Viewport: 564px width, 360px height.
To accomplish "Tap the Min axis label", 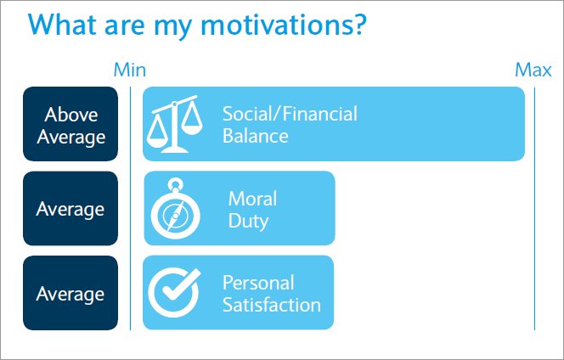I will click(130, 70).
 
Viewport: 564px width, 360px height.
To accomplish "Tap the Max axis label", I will click(533, 70).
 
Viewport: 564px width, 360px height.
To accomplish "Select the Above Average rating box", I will click(70, 124).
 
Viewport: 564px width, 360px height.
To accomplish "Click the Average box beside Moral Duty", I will click(70, 208).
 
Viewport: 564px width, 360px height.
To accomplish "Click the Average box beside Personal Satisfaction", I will click(70, 293).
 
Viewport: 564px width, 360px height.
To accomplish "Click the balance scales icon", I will click(176, 124).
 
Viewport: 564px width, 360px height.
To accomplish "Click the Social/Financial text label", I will click(290, 114).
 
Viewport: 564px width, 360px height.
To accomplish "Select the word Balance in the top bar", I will click(255, 136).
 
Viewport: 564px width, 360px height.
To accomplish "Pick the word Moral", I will click(252, 199).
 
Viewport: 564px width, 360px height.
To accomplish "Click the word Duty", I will click(248, 221).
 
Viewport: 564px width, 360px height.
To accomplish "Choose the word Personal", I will click(258, 282).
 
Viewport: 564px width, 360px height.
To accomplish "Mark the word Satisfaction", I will click(271, 304).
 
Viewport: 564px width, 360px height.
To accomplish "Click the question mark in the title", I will click(358, 25).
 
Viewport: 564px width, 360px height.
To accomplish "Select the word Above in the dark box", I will click(71, 114).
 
